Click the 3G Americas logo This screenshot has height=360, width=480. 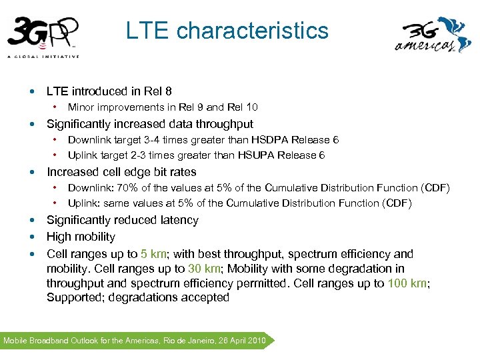433,35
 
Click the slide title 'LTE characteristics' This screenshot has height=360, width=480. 227,31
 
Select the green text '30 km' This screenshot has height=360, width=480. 204,269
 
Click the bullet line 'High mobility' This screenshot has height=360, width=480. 81,237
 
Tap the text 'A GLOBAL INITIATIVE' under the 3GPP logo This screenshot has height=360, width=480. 43,57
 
